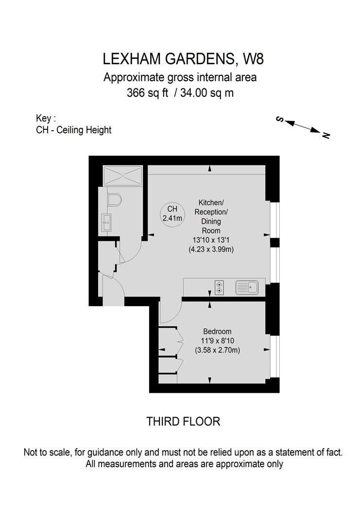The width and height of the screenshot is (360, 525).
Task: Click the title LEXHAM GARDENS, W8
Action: (x=183, y=59)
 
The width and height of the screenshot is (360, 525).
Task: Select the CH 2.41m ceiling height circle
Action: (x=172, y=213)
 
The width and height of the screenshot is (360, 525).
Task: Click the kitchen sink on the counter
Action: (x=247, y=288)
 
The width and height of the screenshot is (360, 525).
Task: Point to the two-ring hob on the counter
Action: (x=220, y=288)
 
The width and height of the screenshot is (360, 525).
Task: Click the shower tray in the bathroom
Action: (x=123, y=175)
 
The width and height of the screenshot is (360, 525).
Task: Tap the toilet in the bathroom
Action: (x=115, y=200)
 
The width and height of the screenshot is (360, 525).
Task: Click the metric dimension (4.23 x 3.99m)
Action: (x=211, y=249)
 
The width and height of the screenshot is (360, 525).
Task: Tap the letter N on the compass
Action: (x=326, y=135)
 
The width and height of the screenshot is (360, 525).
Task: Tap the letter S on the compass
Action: (x=280, y=119)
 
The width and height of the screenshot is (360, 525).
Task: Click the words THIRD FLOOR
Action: (x=183, y=421)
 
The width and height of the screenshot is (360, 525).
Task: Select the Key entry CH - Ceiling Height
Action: (x=73, y=130)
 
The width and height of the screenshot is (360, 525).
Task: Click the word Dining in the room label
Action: (x=211, y=222)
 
